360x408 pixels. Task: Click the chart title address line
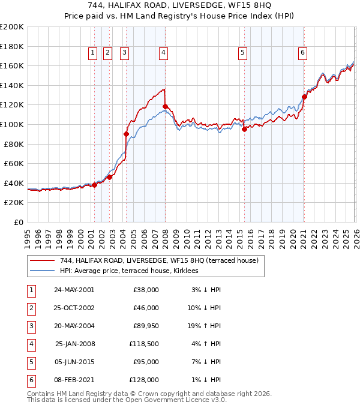tap(179, 6)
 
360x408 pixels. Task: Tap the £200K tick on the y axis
tap(12, 26)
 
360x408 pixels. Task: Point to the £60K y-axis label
tap(14, 163)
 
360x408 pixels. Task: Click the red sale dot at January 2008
tap(165, 106)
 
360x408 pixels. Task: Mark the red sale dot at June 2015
tap(244, 129)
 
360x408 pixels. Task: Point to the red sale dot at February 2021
tap(304, 97)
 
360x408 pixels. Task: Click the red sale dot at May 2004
tap(126, 134)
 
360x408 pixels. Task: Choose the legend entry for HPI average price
tap(133, 271)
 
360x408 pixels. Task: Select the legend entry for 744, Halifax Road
tap(159, 260)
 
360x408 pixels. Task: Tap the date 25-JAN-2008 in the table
tap(74, 344)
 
